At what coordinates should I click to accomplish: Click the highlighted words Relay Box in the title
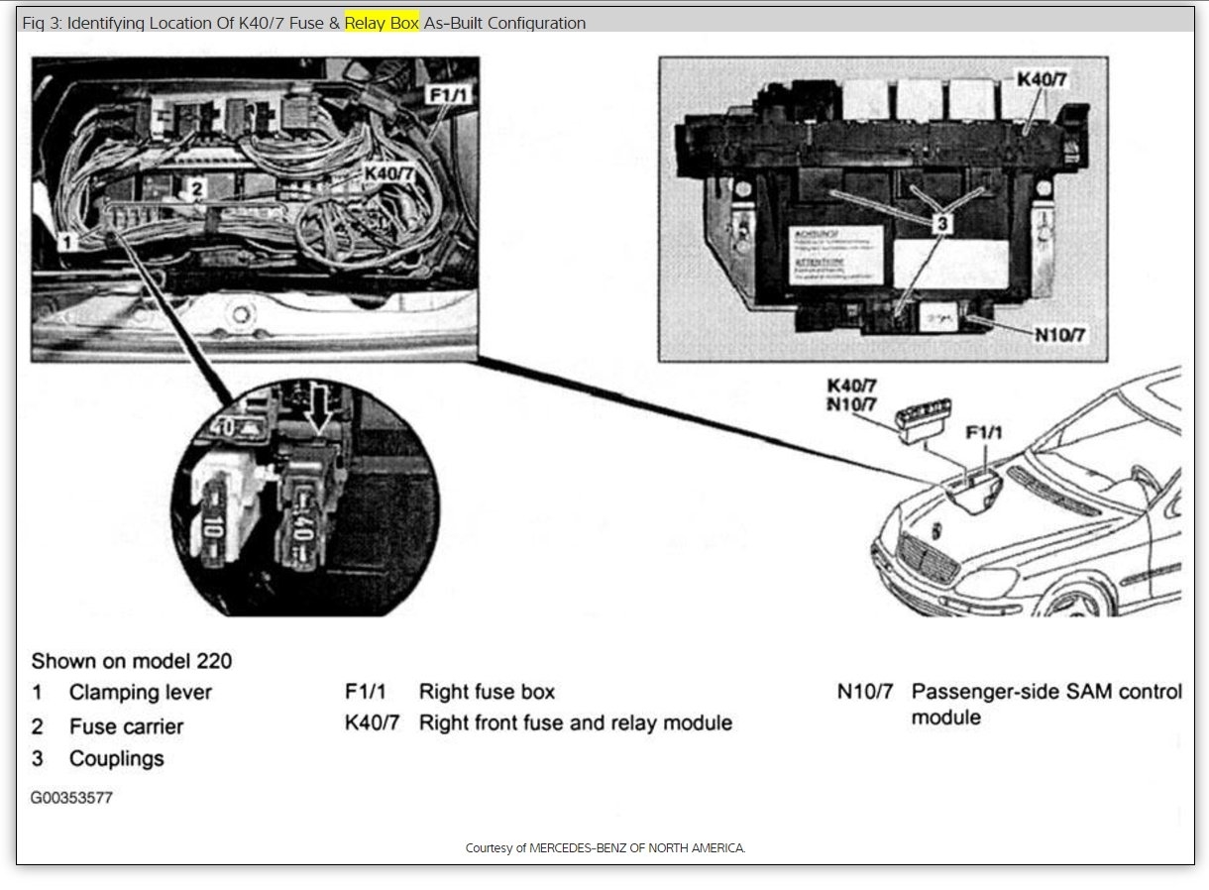point(382,22)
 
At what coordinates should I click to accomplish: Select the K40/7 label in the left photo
point(389,173)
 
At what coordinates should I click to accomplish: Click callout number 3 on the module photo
point(941,224)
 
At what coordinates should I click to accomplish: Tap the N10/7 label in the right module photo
point(1059,335)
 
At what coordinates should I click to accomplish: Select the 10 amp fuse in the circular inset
point(227,515)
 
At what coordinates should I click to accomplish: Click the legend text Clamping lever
point(140,692)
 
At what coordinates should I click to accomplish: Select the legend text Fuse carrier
point(126,726)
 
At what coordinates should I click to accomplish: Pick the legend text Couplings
point(116,759)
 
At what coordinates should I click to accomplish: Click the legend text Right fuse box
point(487,692)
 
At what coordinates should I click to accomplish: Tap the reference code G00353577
point(71,798)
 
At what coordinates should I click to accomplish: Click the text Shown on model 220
point(132,660)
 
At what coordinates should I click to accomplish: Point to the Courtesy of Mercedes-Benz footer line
point(604,848)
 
